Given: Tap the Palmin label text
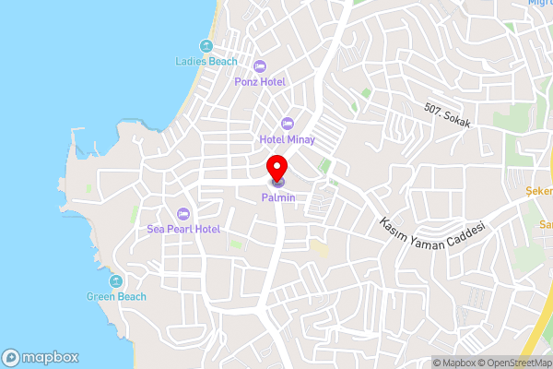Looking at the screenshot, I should pyautogui.click(x=276, y=196).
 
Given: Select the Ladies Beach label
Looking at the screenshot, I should pyautogui.click(x=206, y=62).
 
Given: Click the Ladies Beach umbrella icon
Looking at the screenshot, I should pyautogui.click(x=206, y=46).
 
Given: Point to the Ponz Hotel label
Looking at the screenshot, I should pyautogui.click(x=259, y=81).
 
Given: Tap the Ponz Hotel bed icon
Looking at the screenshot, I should pyautogui.click(x=259, y=65).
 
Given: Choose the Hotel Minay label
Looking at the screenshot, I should pyautogui.click(x=286, y=139).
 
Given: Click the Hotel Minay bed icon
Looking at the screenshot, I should pyautogui.click(x=286, y=124).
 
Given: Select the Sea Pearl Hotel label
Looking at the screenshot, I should pyautogui.click(x=183, y=228).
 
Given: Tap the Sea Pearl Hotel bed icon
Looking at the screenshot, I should pyautogui.click(x=183, y=213).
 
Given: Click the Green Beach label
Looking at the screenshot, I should pyautogui.click(x=116, y=296).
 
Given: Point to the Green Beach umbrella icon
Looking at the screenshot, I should pyautogui.click(x=116, y=280).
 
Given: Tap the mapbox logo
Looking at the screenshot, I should pyautogui.click(x=40, y=357).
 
